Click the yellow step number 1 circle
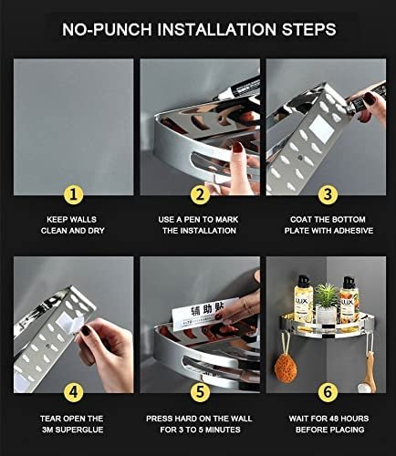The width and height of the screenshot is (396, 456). (73, 194)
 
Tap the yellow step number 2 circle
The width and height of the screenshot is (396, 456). (200, 194)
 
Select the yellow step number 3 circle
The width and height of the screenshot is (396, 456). (328, 194)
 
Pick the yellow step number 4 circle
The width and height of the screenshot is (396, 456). (73, 392)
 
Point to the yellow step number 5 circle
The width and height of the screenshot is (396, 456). (200, 392)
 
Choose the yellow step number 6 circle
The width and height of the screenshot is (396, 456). (328, 392)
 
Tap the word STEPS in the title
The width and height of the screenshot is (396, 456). (308, 29)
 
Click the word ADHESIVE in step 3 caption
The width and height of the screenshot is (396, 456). (353, 231)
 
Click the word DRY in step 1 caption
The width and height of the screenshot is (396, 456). (96, 231)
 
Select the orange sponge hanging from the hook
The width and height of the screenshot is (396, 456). (286, 368)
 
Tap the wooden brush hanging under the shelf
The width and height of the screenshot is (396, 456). (369, 372)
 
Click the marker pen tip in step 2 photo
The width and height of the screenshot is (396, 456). (215, 98)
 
